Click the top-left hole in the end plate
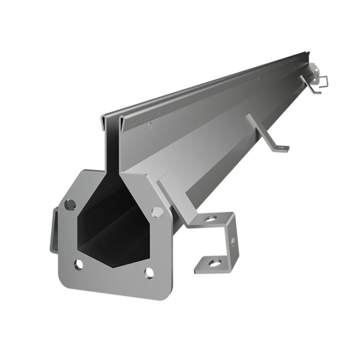pos(70,204)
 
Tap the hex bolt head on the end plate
pos(157,211)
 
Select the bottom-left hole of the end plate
pos(78,264)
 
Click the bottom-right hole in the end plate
pos(149,272)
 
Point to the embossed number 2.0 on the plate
pos(86,180)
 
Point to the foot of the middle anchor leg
pos(279,148)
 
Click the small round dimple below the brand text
pos(150,125)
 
